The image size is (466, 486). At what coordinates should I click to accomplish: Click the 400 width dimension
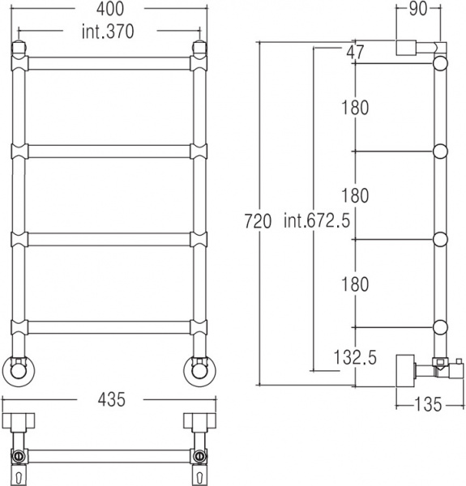click(109, 11)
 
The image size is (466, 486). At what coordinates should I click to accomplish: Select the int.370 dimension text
click(109, 32)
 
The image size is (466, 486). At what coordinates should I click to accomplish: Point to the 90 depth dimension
click(418, 11)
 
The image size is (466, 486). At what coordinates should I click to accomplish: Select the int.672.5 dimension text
click(317, 220)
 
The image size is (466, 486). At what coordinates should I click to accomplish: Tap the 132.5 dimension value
click(354, 358)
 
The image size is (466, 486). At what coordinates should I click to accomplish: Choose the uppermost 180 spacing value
click(354, 107)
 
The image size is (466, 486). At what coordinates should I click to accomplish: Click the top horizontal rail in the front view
click(109, 63)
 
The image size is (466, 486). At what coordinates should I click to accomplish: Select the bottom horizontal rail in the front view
click(109, 327)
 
